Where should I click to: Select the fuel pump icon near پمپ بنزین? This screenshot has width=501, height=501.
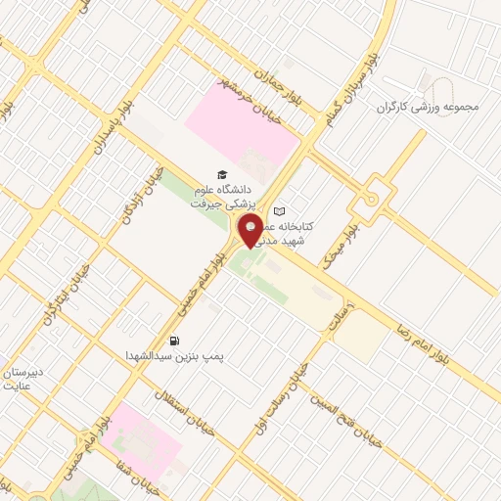[x=174, y=341]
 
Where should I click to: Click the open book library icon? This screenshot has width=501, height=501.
[x=280, y=211]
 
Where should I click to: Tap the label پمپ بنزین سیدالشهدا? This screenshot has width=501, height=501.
[x=173, y=357]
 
